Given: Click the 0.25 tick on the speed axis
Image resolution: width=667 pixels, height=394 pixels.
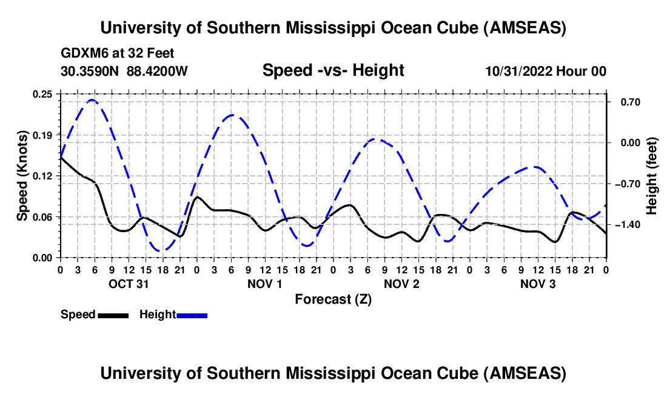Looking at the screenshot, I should coord(42,94).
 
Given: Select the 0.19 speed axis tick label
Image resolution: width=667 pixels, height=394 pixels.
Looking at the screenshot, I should coord(42,135).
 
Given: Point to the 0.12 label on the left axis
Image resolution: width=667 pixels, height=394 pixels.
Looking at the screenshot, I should coord(42,176).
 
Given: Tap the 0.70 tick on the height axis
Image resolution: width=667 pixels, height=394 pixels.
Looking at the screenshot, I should coord(626,102).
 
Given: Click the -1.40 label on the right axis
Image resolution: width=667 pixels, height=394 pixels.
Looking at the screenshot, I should coord(623,225).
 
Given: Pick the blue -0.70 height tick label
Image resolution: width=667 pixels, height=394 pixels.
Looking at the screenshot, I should coord(623,184).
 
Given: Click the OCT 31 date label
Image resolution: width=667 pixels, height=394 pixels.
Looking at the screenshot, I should coord(128,284).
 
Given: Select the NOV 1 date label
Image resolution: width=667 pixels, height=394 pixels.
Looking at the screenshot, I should coord(264,284).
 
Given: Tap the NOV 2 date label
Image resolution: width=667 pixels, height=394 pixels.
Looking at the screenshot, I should coord(401,284).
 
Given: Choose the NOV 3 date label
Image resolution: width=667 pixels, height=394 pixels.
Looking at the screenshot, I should coord(537,284).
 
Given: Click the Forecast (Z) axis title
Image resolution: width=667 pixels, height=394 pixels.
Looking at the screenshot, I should coord(333,299).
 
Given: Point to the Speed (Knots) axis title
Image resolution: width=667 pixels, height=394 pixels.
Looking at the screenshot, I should coord(22,176).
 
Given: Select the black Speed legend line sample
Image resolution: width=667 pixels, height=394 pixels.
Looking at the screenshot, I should coord(113,315).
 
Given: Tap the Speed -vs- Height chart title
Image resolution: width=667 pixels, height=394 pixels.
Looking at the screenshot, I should coord(333,70).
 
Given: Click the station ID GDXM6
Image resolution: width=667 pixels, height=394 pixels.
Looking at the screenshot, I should coord(82,53).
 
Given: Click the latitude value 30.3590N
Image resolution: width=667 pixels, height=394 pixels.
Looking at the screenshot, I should coord(90,71).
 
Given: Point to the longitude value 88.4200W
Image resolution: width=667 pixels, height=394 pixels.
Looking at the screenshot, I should coord(157,71).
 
